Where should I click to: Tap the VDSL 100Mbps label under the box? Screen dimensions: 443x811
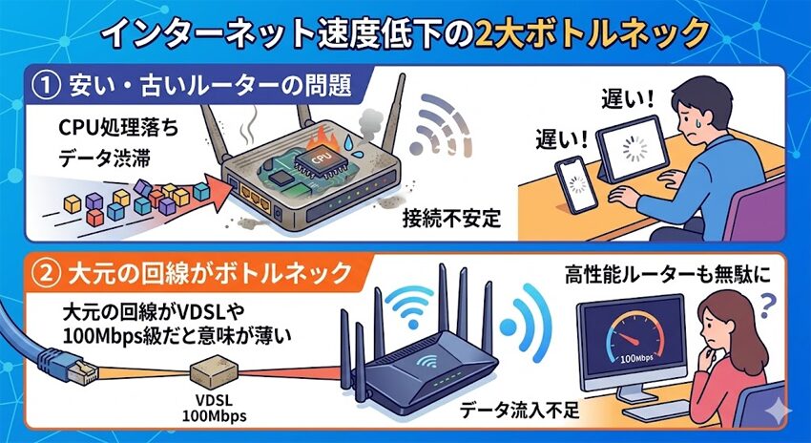tap(209, 408)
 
